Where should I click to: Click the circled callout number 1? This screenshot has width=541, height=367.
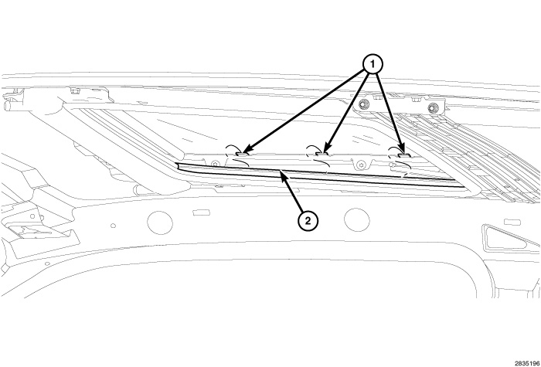(373, 64)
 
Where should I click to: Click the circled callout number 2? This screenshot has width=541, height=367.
(308, 221)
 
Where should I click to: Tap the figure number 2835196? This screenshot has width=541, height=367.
(528, 363)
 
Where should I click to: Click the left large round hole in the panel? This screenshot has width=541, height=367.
(160, 223)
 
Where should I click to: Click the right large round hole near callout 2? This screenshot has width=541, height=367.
(357, 219)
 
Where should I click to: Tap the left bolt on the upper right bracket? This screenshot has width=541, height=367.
(362, 104)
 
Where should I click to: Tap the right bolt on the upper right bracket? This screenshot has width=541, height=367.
(433, 108)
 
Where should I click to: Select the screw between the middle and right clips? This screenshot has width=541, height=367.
(361, 165)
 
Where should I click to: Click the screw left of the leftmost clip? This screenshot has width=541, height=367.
(216, 164)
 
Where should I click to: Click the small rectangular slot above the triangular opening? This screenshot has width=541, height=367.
(512, 222)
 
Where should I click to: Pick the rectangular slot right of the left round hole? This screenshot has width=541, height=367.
(201, 212)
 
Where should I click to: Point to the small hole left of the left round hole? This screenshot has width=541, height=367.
(113, 226)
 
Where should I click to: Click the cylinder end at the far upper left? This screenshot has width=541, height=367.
(7, 106)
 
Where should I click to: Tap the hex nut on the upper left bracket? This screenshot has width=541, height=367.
(73, 91)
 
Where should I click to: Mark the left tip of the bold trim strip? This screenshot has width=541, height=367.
(175, 164)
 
